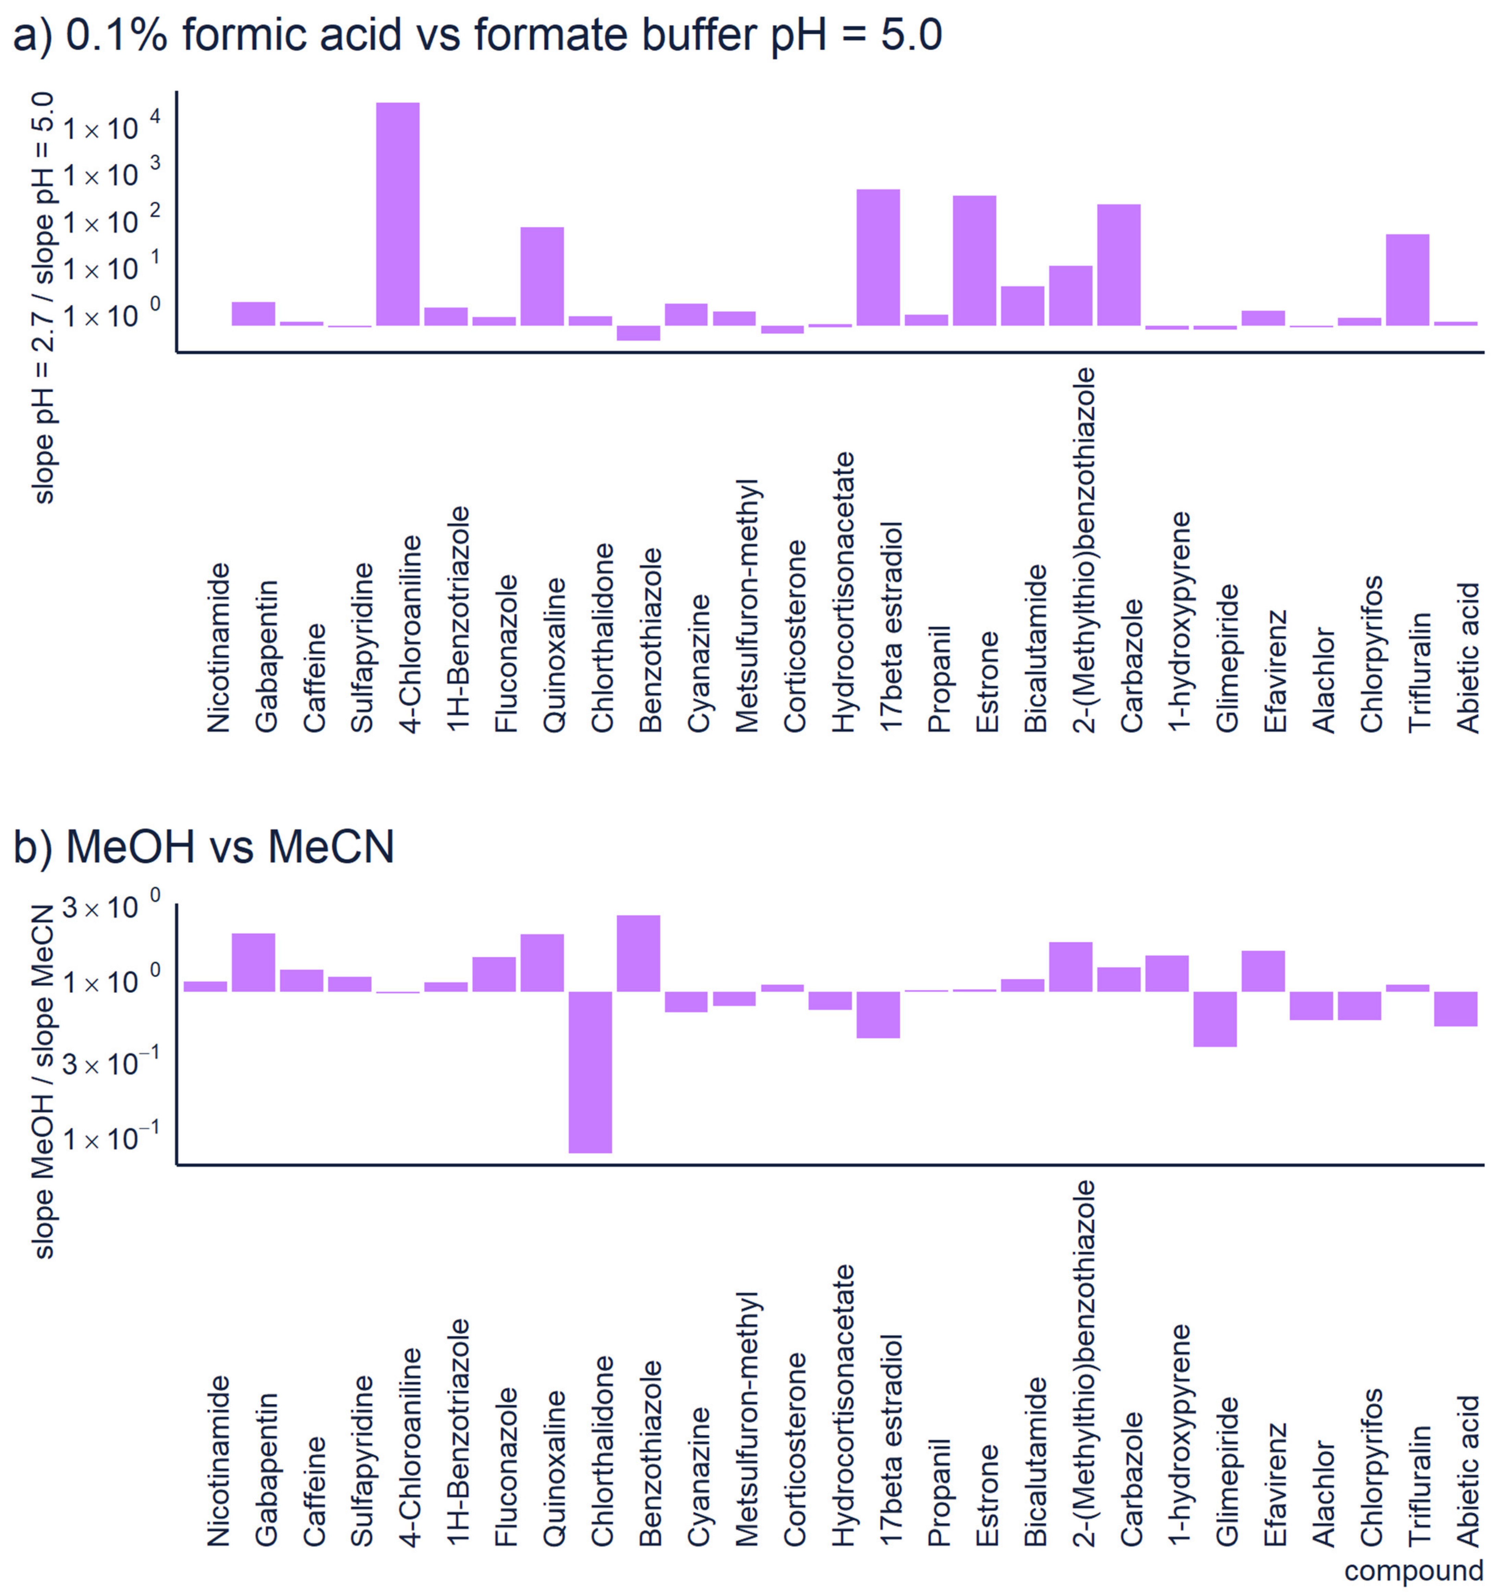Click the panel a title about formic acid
point(477,35)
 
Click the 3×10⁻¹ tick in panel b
point(111,1064)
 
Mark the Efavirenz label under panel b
point(1275,1484)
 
